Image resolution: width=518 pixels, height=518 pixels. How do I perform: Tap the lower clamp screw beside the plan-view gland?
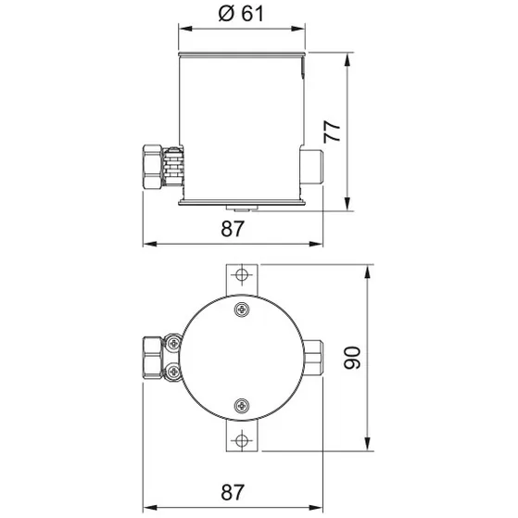172,373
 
